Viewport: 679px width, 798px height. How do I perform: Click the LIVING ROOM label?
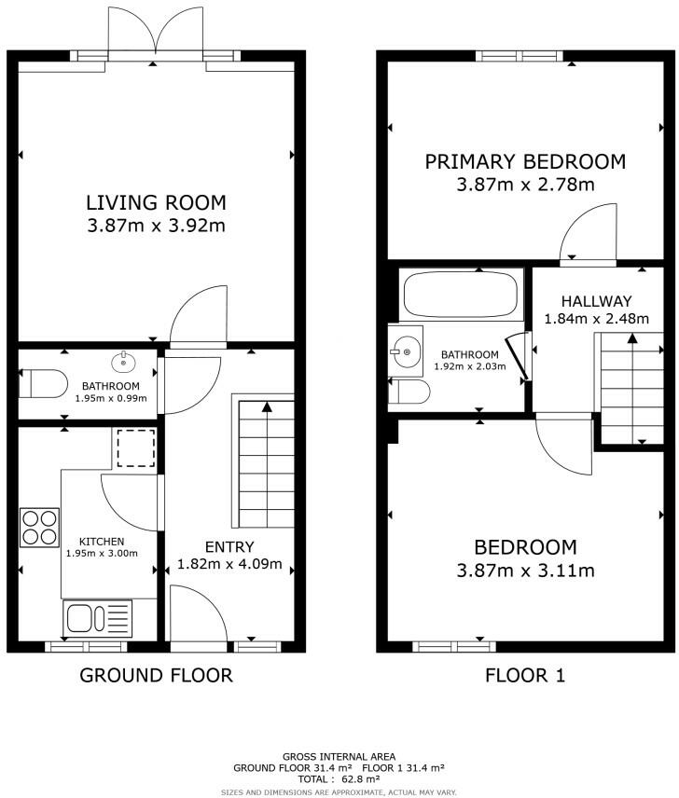(x=156, y=202)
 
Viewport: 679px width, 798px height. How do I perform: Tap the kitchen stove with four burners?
(x=40, y=528)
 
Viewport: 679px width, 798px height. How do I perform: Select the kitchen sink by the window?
(x=97, y=618)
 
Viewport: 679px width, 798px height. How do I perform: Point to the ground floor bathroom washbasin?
(x=124, y=362)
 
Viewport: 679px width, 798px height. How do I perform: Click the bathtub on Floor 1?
(x=461, y=295)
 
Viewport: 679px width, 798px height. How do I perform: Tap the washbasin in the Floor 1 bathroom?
(x=405, y=351)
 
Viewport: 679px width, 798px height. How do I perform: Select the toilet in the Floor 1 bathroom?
(x=409, y=392)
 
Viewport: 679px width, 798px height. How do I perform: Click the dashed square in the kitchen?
(x=136, y=447)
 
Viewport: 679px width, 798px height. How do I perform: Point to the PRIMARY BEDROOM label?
(x=525, y=162)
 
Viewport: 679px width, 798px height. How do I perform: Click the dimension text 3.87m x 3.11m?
(x=525, y=571)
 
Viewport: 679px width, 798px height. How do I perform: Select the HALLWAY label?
(x=597, y=301)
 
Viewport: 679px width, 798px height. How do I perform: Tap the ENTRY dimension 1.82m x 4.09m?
(x=229, y=564)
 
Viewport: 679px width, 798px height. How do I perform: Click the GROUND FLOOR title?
(x=157, y=675)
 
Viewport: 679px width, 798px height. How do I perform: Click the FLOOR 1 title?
(x=525, y=675)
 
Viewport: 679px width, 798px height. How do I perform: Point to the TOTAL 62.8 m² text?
(x=339, y=778)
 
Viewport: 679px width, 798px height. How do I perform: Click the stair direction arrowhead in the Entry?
(x=266, y=406)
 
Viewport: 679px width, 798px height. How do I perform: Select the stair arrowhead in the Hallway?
(x=632, y=337)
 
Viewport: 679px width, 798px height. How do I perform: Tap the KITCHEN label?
(x=102, y=542)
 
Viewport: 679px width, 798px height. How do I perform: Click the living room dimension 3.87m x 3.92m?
(x=157, y=226)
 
